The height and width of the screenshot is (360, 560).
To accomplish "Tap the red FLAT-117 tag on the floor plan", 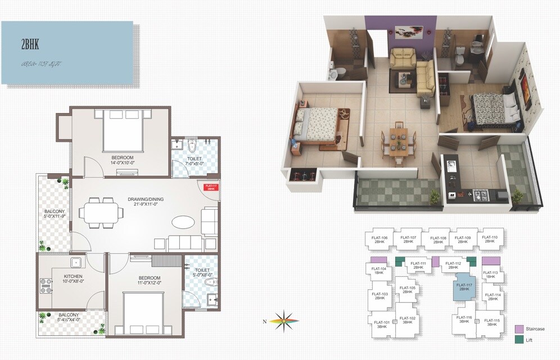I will pyautogui.click(x=211, y=188).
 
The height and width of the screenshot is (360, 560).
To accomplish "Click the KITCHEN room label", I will pyautogui.click(x=74, y=276).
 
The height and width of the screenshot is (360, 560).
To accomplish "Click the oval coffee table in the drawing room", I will pyautogui.click(x=184, y=222).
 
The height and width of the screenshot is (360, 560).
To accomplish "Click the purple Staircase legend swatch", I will pyautogui.click(x=519, y=328).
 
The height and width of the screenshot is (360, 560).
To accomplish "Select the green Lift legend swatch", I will pyautogui.click(x=519, y=340).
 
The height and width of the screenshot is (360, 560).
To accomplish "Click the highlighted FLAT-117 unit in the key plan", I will pyautogui.click(x=462, y=287).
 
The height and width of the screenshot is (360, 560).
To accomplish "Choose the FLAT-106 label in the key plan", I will pyautogui.click(x=380, y=239).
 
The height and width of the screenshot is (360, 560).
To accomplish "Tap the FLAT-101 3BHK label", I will pyautogui.click(x=382, y=325).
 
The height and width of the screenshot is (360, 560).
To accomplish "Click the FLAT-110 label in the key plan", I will pyautogui.click(x=490, y=239).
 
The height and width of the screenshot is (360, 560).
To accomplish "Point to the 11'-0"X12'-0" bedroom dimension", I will pyautogui.click(x=149, y=283).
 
